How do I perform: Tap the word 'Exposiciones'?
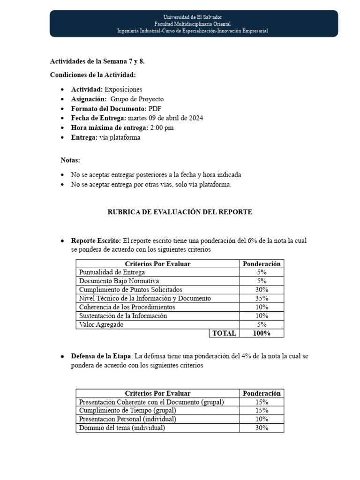[x=123, y=89]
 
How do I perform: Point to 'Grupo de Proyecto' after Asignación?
[x=137, y=99]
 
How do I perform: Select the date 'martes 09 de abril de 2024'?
[x=165, y=118]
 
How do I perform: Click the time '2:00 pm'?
[x=161, y=127]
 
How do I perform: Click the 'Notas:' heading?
[x=70, y=160]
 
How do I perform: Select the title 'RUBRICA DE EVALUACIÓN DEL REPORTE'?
[x=180, y=212]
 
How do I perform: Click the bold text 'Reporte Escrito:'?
[x=96, y=240]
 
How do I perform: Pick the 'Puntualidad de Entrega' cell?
[x=112, y=272]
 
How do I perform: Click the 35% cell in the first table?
[x=262, y=298]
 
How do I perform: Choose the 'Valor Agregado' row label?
[x=101, y=324]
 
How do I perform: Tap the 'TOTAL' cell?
[x=224, y=333]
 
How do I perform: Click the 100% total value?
[x=262, y=333]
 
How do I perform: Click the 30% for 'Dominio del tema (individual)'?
[x=262, y=428]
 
